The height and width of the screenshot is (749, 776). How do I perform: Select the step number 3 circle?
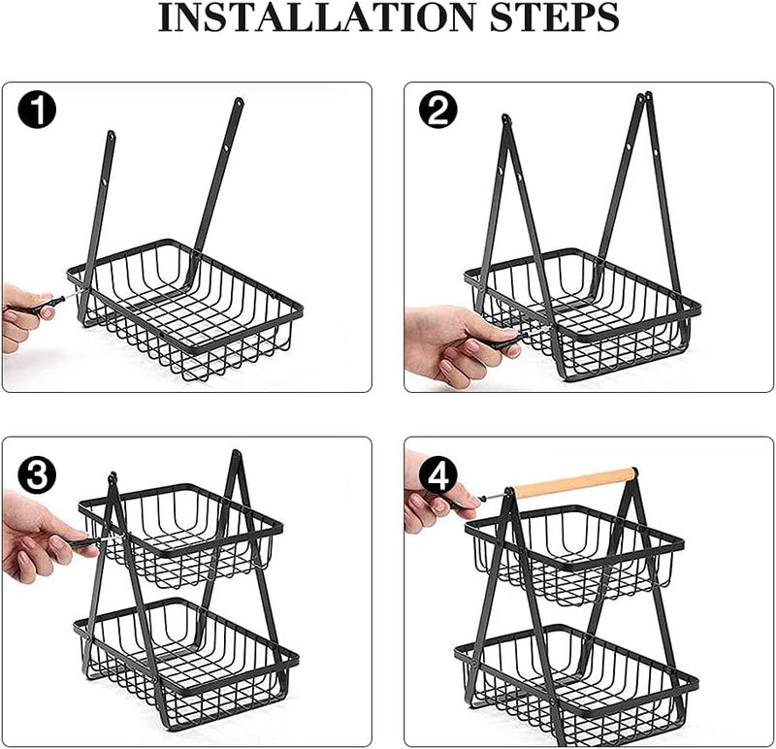coord(38,475)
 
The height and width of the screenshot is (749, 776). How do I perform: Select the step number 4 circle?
coord(438,476)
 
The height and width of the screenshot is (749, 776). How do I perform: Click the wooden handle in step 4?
coord(573,482)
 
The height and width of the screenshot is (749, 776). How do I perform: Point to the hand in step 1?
coord(21,312)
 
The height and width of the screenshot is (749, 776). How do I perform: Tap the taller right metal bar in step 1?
coord(218,175)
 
